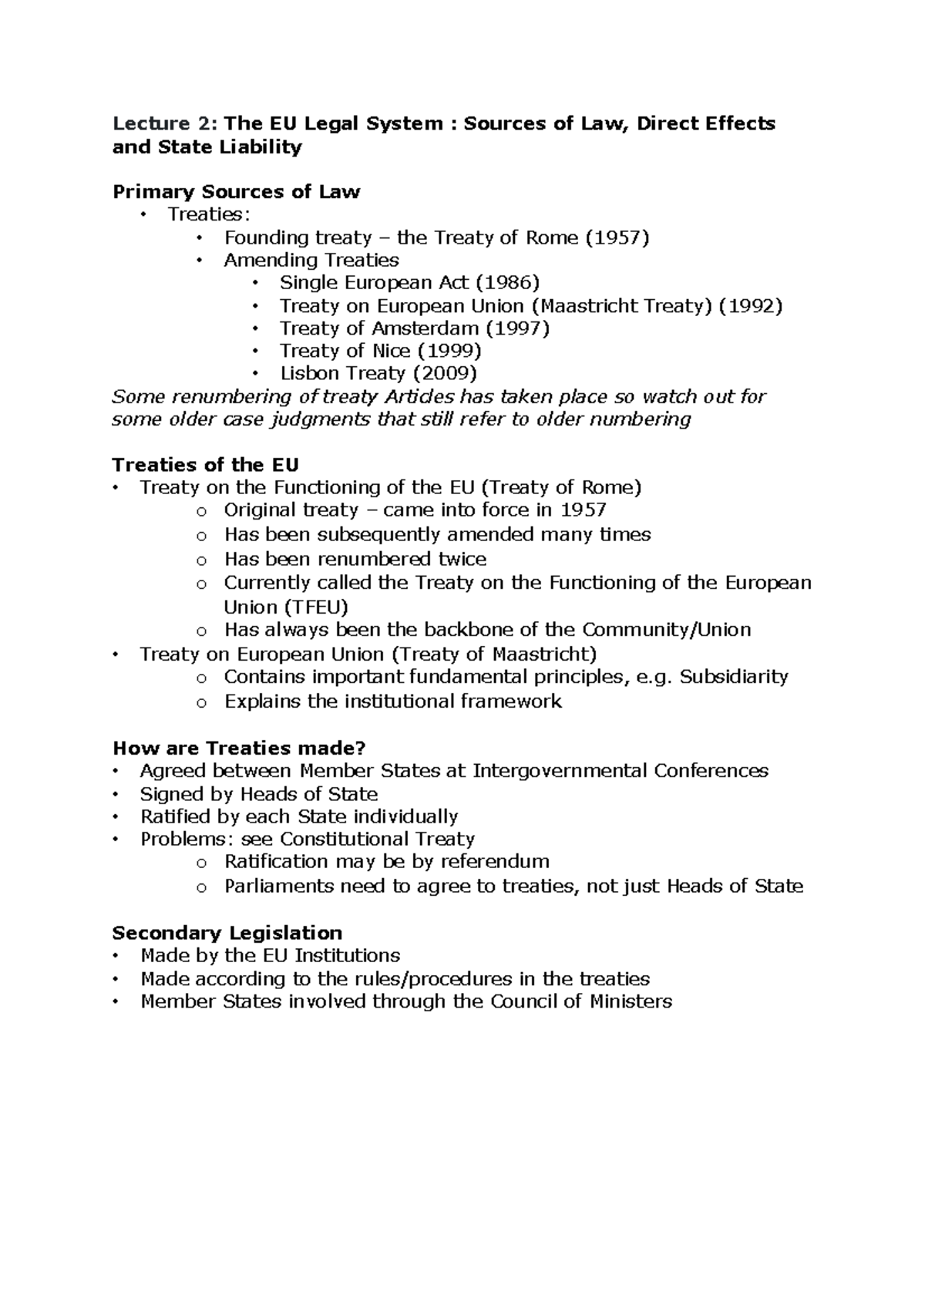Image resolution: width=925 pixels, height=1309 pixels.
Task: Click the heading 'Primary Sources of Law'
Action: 236,192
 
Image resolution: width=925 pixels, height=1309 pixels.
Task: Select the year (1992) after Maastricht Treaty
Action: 750,306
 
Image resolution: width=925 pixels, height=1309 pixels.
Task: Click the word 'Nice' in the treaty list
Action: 391,351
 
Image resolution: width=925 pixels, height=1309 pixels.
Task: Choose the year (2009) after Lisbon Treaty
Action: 445,373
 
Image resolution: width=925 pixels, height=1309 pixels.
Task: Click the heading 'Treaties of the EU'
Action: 205,465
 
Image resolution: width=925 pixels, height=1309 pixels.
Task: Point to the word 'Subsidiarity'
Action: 733,677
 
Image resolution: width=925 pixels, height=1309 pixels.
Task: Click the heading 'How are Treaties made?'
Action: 239,748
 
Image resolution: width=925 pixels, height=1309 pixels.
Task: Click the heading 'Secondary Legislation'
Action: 227,933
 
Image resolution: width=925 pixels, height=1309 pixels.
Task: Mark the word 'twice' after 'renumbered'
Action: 462,559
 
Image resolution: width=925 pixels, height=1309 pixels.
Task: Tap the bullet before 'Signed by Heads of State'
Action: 116,794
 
